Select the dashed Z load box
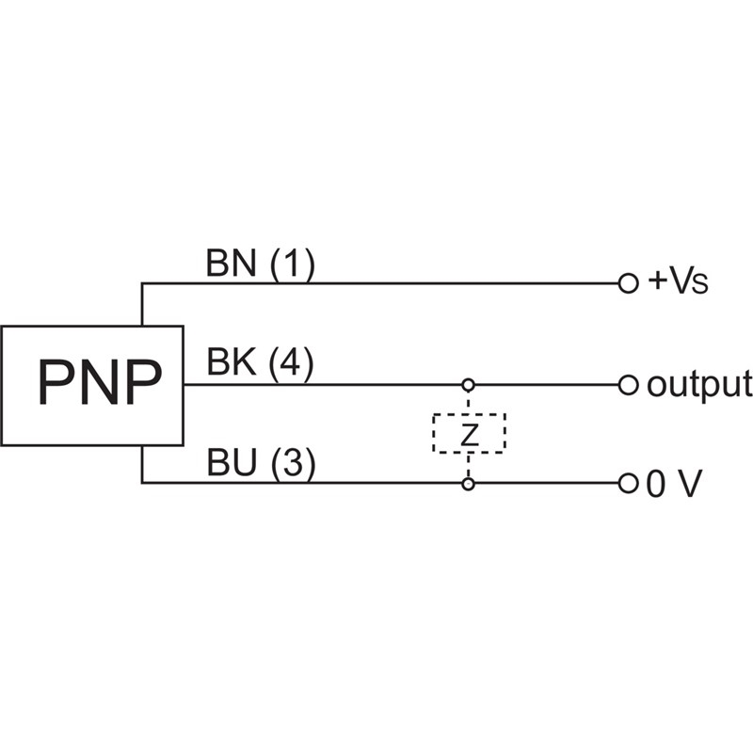coord(469,432)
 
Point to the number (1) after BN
coord(292,264)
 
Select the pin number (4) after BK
coord(292,364)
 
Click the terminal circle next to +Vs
coord(628,282)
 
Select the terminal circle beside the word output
coord(628,384)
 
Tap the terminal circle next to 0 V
coord(628,484)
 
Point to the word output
coord(698,384)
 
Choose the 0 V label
coord(674,484)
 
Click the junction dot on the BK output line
coord(468,384)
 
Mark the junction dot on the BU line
coord(468,484)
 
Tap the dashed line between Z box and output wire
coord(468,401)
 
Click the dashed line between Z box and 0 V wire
coord(468,466)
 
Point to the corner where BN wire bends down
coord(142,282)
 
